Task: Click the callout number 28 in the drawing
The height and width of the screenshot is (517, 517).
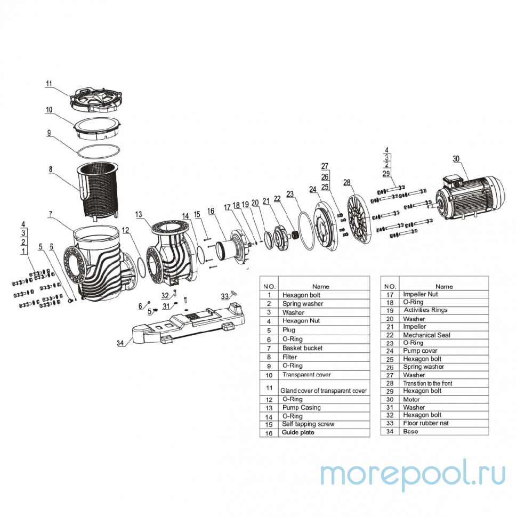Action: coord(348,182)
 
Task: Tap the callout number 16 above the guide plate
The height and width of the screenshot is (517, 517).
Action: coord(211,212)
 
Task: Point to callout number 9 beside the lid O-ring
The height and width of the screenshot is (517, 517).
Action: coord(49,133)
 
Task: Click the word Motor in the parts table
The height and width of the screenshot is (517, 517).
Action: coord(412,399)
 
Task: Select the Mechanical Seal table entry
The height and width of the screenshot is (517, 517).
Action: coord(426,335)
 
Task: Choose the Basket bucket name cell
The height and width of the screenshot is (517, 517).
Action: coord(302,348)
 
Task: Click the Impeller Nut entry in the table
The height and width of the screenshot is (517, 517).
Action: coord(421,294)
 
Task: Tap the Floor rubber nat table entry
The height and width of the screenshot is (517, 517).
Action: coord(427,423)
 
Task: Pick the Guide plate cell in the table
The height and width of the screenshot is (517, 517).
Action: coord(298,432)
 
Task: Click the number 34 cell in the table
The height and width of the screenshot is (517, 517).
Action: coord(390,431)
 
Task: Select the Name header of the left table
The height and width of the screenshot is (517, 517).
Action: coord(321,286)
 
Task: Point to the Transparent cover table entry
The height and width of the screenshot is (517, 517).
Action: coord(306,375)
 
